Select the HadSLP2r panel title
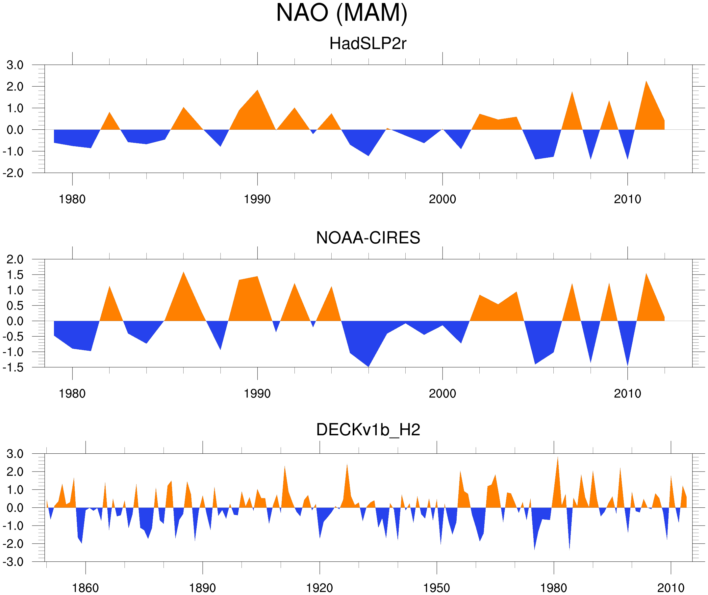(368, 44)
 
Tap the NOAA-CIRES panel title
(368, 238)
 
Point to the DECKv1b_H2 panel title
(368, 430)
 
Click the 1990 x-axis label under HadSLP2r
(257, 200)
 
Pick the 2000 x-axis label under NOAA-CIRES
(442, 393)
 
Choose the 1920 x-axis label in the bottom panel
(319, 588)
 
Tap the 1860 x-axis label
(85, 588)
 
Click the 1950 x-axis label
(436, 588)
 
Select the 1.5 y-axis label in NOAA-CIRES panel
(15, 275)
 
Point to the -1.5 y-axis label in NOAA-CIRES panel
(13, 367)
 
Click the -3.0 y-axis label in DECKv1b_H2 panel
(13, 562)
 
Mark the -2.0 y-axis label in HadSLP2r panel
(13, 173)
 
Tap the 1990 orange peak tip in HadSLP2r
(258, 90)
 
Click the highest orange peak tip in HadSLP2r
(646, 81)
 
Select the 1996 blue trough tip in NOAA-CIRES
(368, 366)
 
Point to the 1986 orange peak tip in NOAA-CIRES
(183, 272)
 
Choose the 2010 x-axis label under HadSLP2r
(627, 200)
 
